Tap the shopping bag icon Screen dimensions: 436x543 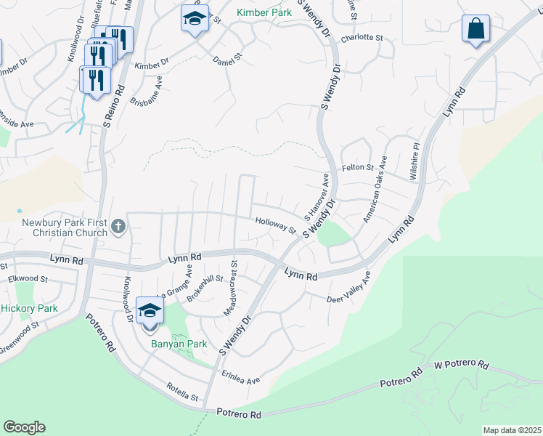[x=475, y=30]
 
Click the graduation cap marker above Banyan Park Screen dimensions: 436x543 [x=150, y=310]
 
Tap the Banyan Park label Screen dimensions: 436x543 [x=179, y=344]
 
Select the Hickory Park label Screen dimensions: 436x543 [x=29, y=308]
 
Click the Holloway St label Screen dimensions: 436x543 [x=276, y=226]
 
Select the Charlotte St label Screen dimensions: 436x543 [x=362, y=37]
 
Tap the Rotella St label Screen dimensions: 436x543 [x=181, y=392]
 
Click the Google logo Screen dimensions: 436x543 [x=24, y=427]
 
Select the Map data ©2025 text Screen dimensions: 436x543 [x=511, y=430]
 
